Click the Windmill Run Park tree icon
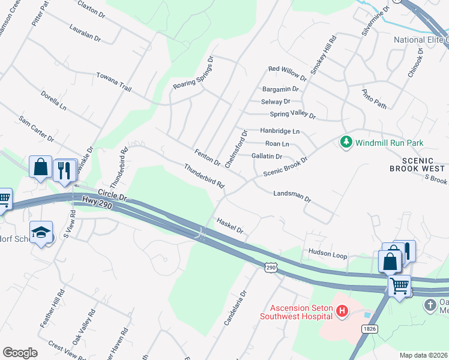pyautogui.click(x=346, y=142)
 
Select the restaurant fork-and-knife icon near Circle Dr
pyautogui.click(x=64, y=170)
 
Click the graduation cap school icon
pyautogui.click(x=41, y=233)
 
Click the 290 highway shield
pyautogui.click(x=271, y=266)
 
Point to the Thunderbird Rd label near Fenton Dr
pyautogui.click(x=204, y=177)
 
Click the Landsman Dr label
pyautogui.click(x=292, y=196)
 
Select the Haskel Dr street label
pyautogui.click(x=230, y=226)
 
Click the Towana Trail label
pyautogui.click(x=113, y=82)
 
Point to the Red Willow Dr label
pyautogui.click(x=288, y=74)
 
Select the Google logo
pyautogui.click(x=20, y=353)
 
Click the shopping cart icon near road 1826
pyautogui.click(x=399, y=286)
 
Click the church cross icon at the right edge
pyautogui.click(x=430, y=305)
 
